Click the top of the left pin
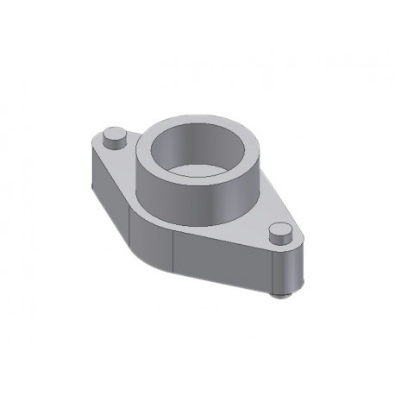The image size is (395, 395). [x=114, y=134]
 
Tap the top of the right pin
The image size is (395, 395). [x=278, y=229]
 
